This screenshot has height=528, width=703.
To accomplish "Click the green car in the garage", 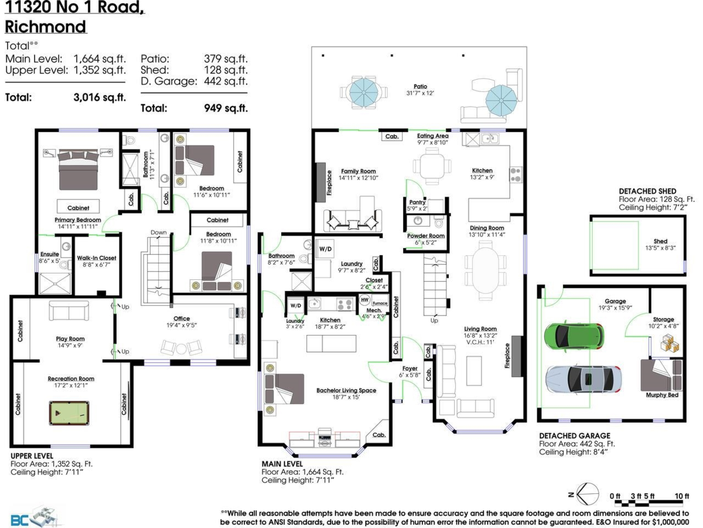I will coord(574,335).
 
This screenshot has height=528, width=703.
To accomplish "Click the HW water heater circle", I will coord(365,299).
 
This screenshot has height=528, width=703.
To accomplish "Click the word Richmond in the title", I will coord(46,26).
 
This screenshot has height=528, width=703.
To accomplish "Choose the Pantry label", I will coord(417,202).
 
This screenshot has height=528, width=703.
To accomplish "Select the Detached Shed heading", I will coord(647,191).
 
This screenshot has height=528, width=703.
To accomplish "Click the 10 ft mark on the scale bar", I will coord(681,496).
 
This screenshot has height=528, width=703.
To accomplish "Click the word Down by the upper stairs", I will coord(158,232).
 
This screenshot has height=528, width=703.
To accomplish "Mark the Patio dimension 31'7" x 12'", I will coord(419,94).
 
